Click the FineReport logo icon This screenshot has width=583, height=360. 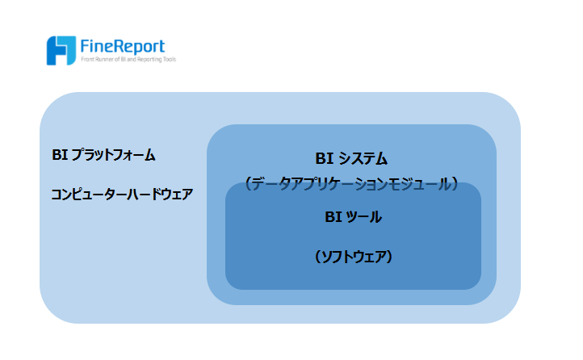click(61, 51)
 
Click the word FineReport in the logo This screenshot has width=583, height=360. click(123, 47)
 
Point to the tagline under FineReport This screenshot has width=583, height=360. click(128, 60)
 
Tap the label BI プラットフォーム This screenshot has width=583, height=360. click(103, 155)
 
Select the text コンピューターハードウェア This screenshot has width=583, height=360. click(122, 195)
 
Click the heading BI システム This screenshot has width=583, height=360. click(351, 159)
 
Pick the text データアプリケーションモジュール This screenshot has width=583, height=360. click(351, 184)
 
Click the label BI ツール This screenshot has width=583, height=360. click(353, 217)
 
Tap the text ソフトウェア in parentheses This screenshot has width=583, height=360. click(353, 257)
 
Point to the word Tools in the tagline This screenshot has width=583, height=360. click(170, 60)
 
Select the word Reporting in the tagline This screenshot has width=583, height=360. click(149, 60)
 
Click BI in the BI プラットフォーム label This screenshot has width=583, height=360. click(60, 155)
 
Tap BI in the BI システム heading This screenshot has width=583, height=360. click(324, 159)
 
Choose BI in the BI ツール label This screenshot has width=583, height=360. click(333, 217)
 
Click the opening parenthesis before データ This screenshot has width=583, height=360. click(249, 184)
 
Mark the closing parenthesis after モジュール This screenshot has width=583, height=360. click(455, 184)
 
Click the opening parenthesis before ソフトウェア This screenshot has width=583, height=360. click(318, 257)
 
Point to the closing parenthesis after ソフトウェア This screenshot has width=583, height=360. click(389, 257)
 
